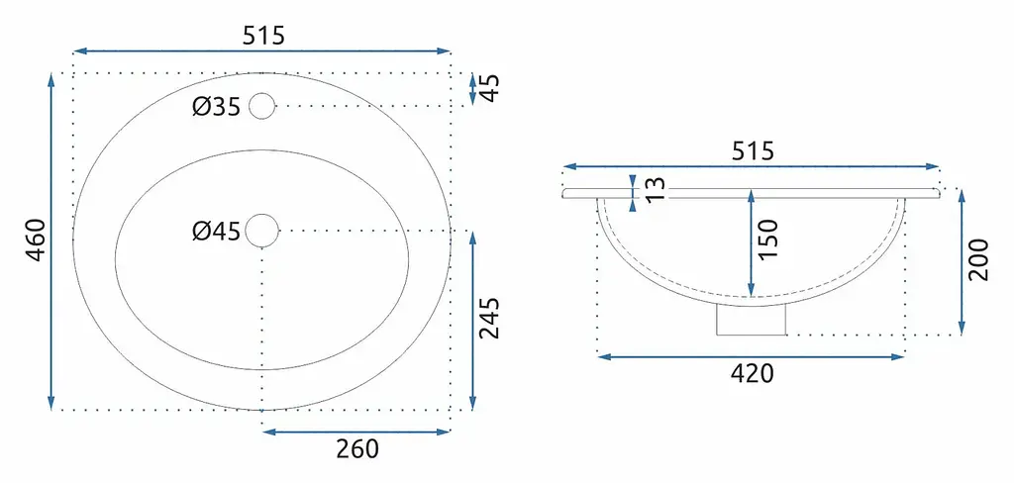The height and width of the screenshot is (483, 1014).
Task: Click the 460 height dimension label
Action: (x=36, y=240)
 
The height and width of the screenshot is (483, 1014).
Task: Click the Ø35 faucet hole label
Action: (x=216, y=107)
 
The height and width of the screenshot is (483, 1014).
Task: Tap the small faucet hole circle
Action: (x=261, y=106)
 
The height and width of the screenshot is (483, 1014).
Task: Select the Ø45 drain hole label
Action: (x=216, y=231)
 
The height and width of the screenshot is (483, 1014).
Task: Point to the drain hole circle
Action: (x=261, y=231)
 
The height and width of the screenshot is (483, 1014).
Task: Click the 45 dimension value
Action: (x=489, y=88)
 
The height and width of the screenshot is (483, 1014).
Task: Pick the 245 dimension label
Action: (x=489, y=319)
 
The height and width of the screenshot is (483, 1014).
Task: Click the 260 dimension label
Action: (x=356, y=448)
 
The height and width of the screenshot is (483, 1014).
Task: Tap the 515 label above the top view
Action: (x=263, y=35)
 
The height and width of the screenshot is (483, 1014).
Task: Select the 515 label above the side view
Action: (x=753, y=151)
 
